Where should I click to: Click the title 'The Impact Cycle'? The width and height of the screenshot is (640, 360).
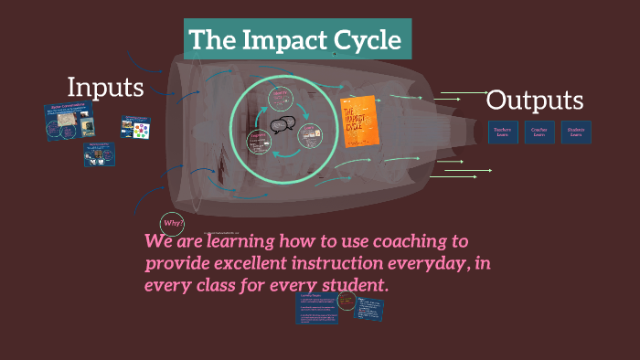[295, 41]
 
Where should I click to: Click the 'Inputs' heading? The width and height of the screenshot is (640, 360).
[105, 88]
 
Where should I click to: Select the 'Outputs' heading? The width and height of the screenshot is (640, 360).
[535, 101]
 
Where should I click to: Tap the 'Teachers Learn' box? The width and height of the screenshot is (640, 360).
[503, 132]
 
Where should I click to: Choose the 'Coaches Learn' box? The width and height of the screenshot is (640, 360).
[539, 132]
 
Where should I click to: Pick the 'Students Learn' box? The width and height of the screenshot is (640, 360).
[576, 132]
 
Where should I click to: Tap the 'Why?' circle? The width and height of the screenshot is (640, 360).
[172, 223]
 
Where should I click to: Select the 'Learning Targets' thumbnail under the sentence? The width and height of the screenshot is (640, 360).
[317, 309]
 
